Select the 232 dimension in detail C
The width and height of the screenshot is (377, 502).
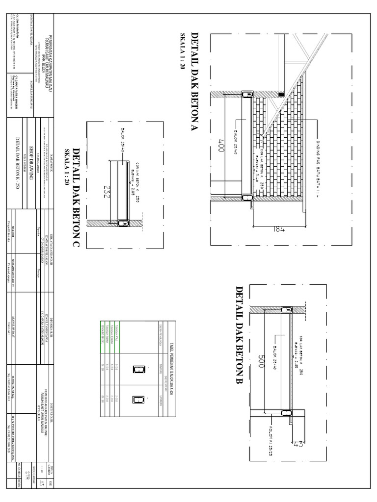[x=107, y=190]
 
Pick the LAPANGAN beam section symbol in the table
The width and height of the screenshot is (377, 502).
[x=136, y=399]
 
